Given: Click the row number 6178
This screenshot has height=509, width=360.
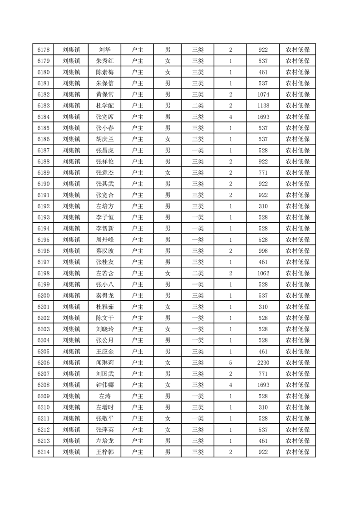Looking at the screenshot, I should pos(43,50).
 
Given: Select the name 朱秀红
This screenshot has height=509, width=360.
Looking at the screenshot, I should pos(105,61).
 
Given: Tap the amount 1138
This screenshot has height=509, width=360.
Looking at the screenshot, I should pos(263,106).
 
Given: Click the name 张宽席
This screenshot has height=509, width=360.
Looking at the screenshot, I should pos(105,117).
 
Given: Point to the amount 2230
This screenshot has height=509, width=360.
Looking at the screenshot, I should pos(263,362).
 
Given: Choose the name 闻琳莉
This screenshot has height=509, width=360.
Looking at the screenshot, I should pos(105,362).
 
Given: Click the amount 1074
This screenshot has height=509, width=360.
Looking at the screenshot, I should pos(263,94).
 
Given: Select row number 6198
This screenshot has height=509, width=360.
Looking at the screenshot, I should pos(43,273).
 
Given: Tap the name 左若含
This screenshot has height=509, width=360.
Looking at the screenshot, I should pos(105,273).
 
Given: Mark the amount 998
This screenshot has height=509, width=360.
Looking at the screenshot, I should pos(263,251).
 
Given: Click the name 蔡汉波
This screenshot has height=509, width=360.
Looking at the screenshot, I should pos(105,251).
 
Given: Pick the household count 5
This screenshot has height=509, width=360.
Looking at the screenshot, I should pos(231,362).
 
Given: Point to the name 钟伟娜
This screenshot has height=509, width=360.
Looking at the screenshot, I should pos(105,385).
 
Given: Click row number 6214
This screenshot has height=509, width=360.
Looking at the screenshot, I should pos(43,452).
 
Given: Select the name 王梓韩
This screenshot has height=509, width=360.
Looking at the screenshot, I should pos(105,452).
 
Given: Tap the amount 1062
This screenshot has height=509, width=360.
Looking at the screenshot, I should pos(263,273).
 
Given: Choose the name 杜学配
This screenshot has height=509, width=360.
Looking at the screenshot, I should pos(105,106).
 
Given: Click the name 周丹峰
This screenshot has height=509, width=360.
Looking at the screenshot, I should pos(105,240).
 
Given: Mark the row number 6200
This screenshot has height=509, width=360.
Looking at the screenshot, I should pos(43,295).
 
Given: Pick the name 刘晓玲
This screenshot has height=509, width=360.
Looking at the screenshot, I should pos(105,329).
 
